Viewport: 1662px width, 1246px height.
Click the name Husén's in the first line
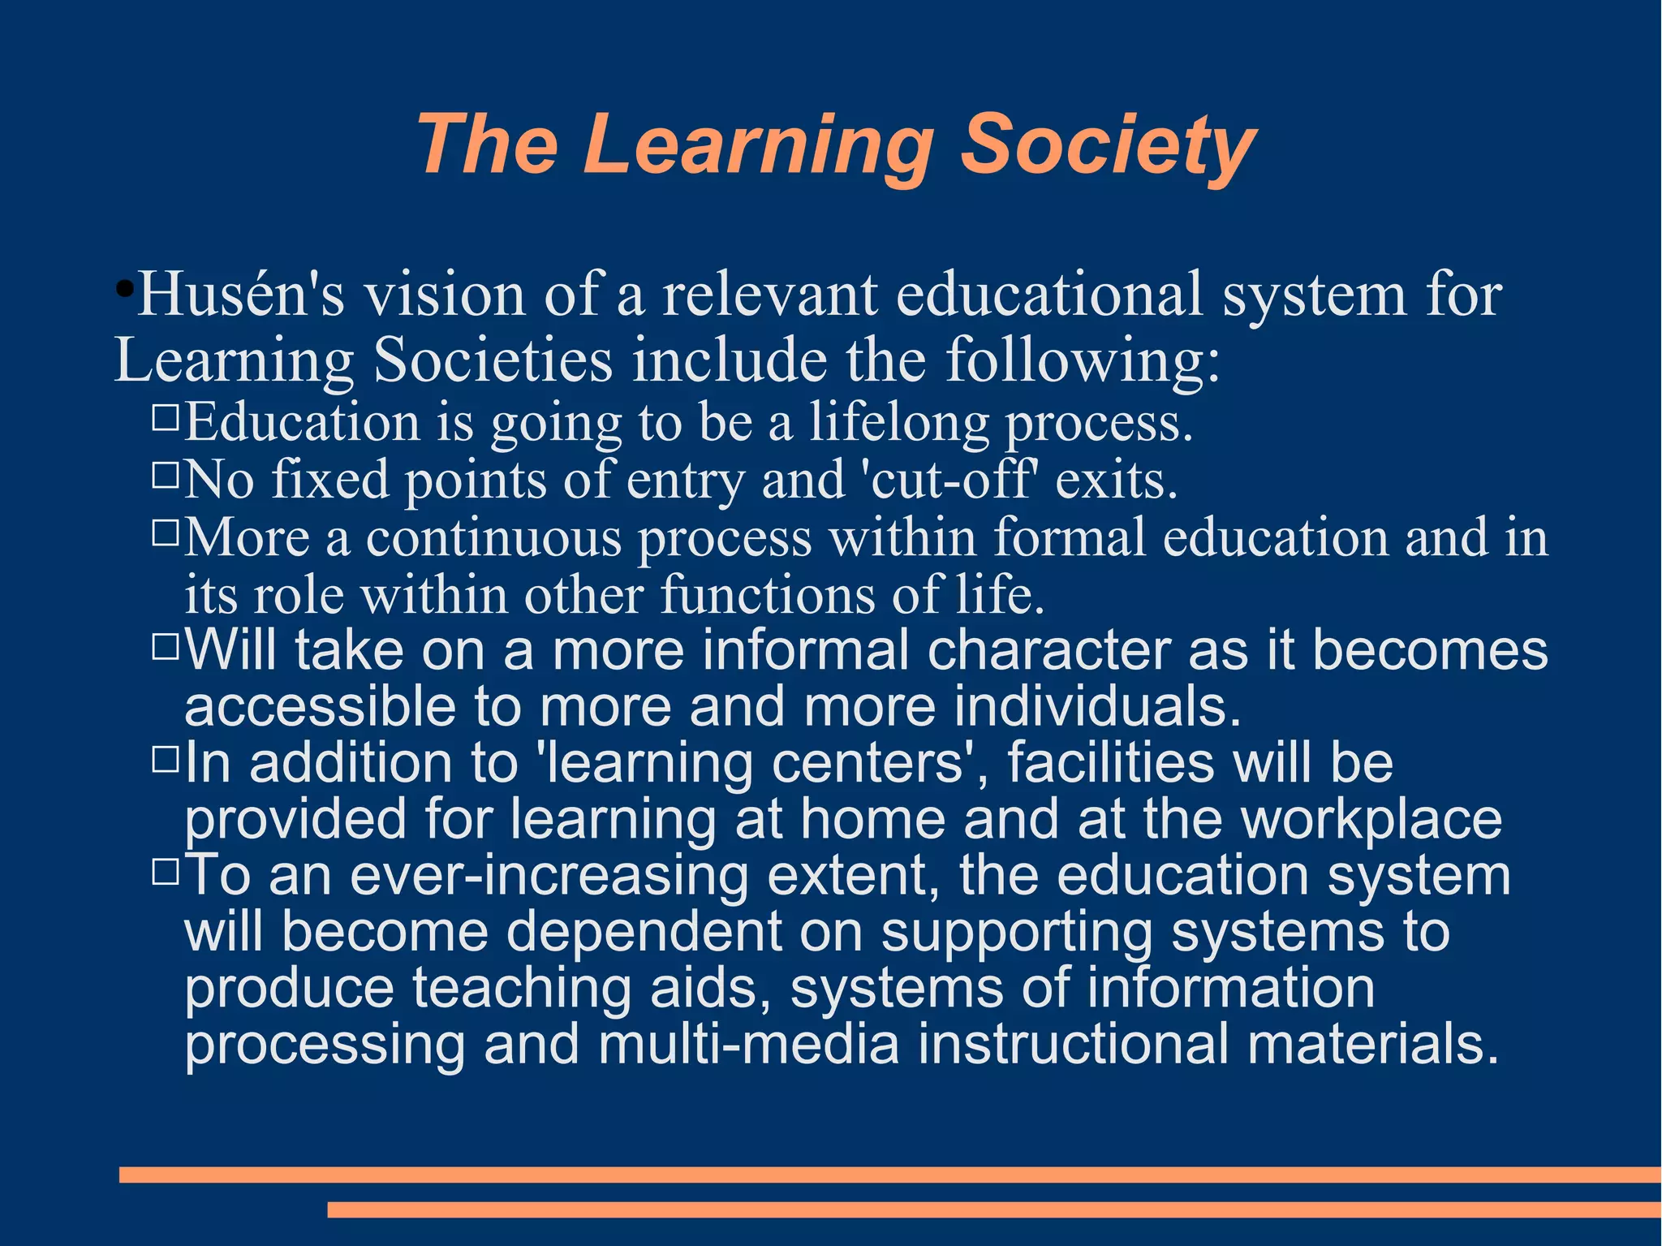pos(241,294)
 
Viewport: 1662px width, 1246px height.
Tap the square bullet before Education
pos(165,416)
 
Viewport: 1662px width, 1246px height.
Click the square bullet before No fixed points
pos(165,474)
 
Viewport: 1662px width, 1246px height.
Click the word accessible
pos(320,706)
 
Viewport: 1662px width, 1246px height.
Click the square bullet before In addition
pos(165,759)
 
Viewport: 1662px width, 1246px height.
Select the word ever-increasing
pos(549,875)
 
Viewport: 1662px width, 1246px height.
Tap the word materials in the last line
pos(1372,1044)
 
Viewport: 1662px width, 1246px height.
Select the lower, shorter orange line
pos(994,1209)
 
